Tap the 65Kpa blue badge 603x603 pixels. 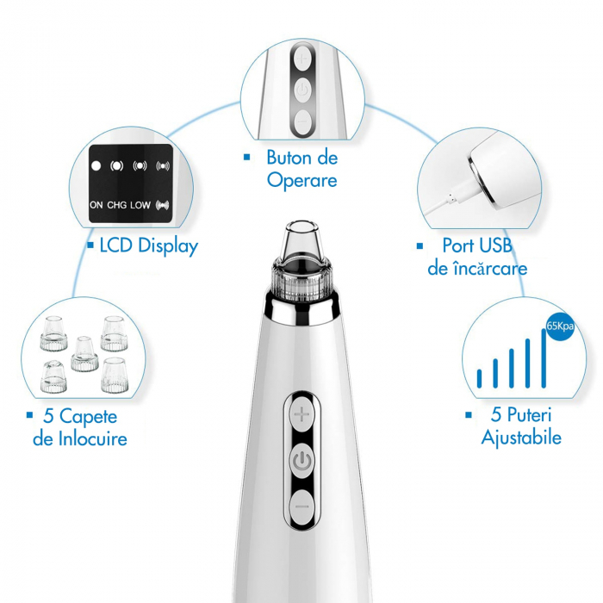point(560,326)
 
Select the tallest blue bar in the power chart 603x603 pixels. point(544,357)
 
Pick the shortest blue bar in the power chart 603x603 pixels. point(480,376)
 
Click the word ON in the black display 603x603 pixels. point(96,205)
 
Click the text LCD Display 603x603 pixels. point(148,246)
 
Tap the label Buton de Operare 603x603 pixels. point(301,169)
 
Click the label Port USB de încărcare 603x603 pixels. point(477,257)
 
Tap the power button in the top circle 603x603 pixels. point(301,89)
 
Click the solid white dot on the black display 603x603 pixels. point(96,165)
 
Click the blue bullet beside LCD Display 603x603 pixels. point(90,246)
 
